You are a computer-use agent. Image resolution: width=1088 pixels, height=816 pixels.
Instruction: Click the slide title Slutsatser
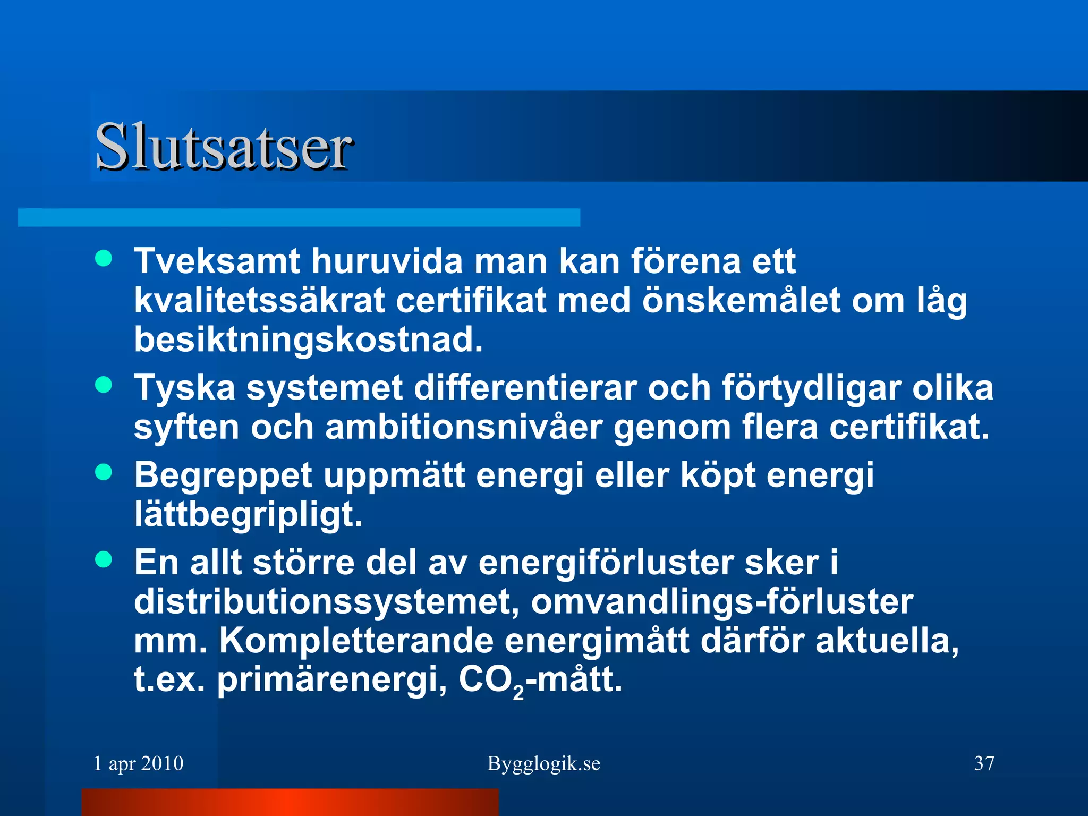click(223, 146)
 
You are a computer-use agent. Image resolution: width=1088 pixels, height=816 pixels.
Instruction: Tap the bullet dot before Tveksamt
click(104, 259)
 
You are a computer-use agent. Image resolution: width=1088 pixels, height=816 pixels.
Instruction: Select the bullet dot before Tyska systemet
click(104, 385)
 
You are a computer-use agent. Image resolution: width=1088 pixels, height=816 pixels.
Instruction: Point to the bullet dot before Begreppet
click(104, 472)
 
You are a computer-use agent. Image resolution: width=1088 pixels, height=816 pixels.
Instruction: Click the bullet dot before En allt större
click(104, 559)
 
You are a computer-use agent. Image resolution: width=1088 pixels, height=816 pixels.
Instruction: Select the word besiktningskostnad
click(308, 340)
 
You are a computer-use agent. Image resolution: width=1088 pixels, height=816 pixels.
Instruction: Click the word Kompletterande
click(356, 641)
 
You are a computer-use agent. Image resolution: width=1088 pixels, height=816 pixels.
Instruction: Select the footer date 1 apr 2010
click(139, 764)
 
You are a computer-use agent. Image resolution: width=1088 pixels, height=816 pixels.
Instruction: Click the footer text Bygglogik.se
click(543, 764)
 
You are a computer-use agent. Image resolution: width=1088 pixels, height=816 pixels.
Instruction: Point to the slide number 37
click(984, 764)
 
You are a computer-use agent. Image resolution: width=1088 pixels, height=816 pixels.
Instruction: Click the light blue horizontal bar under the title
click(299, 218)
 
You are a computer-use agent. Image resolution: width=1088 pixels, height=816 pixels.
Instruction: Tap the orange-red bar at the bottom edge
click(290, 802)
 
